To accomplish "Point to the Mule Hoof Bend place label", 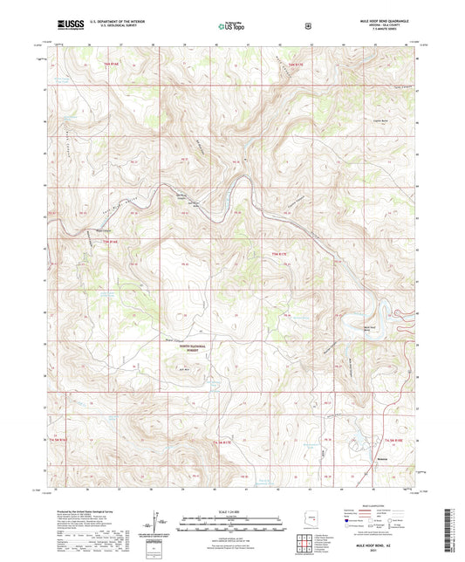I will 370,330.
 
